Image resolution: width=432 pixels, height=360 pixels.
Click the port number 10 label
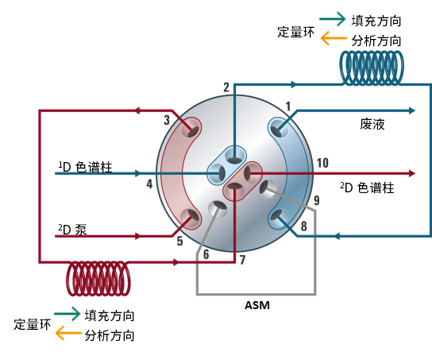(x=322, y=163)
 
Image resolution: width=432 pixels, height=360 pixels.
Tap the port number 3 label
(x=167, y=120)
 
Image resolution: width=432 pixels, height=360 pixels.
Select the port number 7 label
(x=242, y=260)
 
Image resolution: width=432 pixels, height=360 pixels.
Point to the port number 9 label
(x=317, y=200)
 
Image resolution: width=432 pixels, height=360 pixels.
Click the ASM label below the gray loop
(x=257, y=305)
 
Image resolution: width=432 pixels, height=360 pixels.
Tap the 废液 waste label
(x=372, y=124)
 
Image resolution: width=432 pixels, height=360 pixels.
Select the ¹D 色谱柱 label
(x=85, y=167)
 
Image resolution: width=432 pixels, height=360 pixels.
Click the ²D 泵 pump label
(x=72, y=230)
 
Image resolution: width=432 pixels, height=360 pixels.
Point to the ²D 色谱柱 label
(x=367, y=188)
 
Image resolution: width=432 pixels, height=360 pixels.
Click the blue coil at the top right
(x=372, y=68)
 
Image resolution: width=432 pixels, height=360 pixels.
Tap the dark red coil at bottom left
(x=98, y=278)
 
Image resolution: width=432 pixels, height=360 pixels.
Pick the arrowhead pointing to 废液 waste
(x=411, y=110)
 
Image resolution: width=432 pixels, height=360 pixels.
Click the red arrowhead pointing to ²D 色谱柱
(x=411, y=173)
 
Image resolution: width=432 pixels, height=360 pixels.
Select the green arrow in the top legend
(x=332, y=19)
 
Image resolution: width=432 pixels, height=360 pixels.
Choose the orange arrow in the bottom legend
(x=68, y=333)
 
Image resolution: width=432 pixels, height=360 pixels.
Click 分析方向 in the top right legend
(x=376, y=41)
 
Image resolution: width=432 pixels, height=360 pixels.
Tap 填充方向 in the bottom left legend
(x=110, y=315)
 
